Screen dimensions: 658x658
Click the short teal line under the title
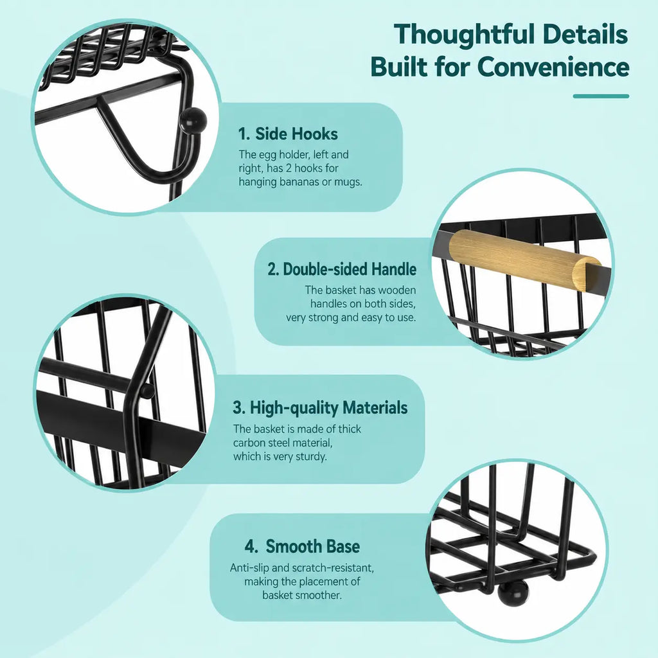(601, 96)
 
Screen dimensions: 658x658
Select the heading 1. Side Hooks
(288, 134)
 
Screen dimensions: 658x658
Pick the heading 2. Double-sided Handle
(342, 269)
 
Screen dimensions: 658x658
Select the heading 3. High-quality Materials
(320, 407)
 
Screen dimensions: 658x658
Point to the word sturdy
(310, 457)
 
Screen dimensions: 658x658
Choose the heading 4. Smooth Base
(302, 546)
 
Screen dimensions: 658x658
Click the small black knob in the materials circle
(147, 391)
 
